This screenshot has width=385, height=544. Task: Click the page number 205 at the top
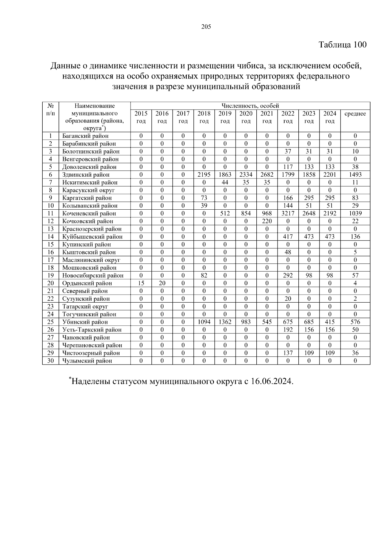[x=206, y=27]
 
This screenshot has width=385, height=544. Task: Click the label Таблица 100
[x=342, y=45]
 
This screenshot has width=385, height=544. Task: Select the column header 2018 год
[x=204, y=117]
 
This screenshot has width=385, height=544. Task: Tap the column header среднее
[x=355, y=114]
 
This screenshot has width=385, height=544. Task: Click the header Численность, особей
[x=250, y=106]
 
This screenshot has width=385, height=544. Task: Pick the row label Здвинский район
[x=86, y=175]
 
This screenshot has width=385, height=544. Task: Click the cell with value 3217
[x=288, y=213]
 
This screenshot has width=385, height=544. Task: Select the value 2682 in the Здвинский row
[x=267, y=175]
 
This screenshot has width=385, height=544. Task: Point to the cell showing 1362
[x=225, y=322]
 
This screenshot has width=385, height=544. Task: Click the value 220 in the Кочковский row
[x=267, y=221]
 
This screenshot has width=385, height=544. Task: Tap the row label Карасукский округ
[x=88, y=190]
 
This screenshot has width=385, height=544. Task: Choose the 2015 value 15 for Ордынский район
[x=141, y=283]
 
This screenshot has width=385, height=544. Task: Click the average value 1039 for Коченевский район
[x=355, y=213]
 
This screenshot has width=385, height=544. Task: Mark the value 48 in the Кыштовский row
[x=288, y=252]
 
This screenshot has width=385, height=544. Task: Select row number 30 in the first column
[x=50, y=361]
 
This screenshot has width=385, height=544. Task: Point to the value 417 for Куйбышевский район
[x=288, y=237]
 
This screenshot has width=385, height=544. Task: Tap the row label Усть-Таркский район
[x=92, y=330]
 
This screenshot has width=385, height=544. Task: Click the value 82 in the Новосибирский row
[x=204, y=275]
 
